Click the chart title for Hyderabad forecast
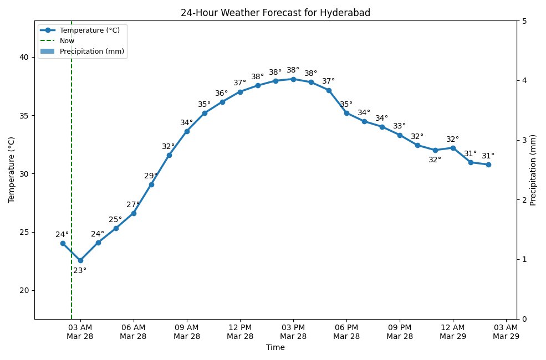click(275, 13)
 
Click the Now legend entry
click(67, 40)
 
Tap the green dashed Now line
click(72, 166)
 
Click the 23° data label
click(80, 271)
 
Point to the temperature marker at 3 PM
click(293, 79)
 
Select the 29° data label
click(151, 176)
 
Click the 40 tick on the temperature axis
click(24, 57)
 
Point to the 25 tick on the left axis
click(24, 232)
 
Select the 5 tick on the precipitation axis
click(524, 21)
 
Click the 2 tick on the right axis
click(524, 200)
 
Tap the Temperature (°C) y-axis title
click(11, 170)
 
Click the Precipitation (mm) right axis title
click(533, 170)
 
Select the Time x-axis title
click(275, 348)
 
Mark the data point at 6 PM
click(346, 113)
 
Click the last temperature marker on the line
click(488, 164)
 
